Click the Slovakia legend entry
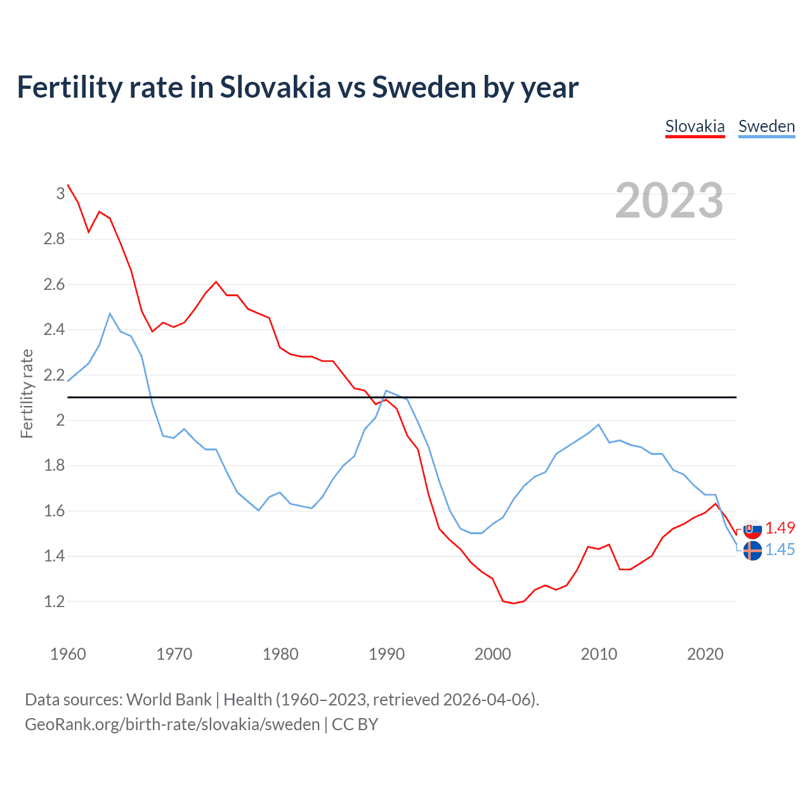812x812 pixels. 695,126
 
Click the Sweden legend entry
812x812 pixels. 766,126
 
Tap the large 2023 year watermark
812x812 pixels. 669,200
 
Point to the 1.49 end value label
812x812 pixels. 780,528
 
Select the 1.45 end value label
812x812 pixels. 780,549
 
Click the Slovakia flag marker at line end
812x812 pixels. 752,528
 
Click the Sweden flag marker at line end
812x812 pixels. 752,551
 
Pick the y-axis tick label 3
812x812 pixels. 60,193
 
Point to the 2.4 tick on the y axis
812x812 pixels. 54,329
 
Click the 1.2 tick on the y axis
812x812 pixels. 54,601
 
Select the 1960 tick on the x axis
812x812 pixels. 68,654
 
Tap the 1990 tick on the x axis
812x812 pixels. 386,654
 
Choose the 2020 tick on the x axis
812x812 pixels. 705,654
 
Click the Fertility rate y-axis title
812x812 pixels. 27,393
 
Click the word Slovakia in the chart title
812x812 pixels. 275,87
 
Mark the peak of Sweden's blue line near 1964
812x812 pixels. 110,313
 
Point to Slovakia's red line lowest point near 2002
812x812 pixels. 513,603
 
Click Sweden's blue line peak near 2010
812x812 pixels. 598,424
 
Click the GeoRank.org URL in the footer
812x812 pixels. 172,724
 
